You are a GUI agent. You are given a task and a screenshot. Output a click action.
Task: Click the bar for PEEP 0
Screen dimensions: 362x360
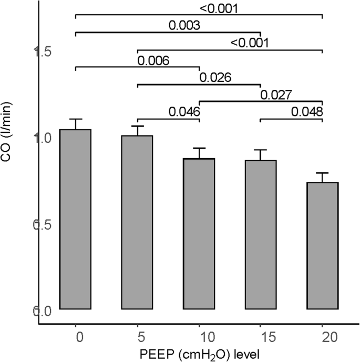point(76,219)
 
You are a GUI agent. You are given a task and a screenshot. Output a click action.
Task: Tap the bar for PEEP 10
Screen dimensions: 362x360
point(199,234)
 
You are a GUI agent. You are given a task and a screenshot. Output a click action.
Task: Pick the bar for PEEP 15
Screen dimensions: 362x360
point(261,235)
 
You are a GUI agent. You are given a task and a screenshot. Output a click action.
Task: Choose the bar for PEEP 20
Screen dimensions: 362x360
point(322,246)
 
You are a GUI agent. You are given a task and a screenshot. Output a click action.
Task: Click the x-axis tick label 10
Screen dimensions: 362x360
point(199,335)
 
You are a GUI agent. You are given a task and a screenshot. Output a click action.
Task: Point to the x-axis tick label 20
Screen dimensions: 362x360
point(322,335)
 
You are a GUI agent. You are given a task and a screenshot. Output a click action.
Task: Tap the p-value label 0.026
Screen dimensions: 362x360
point(215,77)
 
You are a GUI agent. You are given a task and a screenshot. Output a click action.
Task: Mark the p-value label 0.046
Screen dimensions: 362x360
point(184,111)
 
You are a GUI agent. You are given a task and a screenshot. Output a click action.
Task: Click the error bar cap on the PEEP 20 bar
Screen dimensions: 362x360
point(322,173)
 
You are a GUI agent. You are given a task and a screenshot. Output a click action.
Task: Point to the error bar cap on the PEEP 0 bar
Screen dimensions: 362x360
point(76,119)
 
